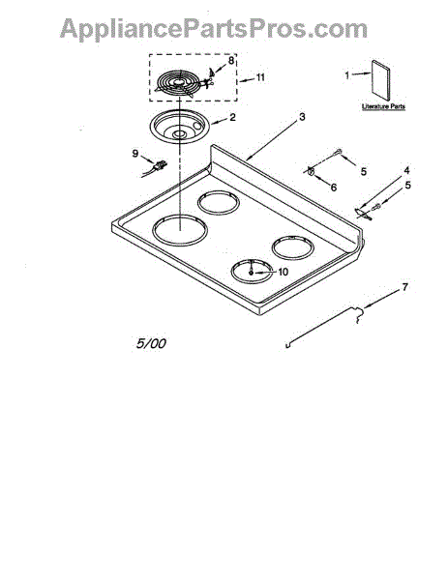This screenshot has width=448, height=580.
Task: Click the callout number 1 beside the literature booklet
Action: [x=347, y=75]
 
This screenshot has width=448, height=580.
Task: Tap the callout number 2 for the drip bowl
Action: [x=232, y=117]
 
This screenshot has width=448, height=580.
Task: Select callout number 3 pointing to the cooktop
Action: [x=302, y=117]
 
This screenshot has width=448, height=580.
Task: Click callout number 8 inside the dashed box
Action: [x=231, y=60]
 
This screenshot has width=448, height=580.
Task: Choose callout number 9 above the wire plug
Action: [x=135, y=153]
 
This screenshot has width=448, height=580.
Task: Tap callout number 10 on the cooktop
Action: [x=283, y=272]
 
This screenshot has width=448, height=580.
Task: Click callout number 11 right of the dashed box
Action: [x=260, y=77]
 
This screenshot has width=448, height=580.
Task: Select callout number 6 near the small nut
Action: [x=334, y=188]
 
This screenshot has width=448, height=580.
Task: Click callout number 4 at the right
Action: [x=406, y=170]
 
